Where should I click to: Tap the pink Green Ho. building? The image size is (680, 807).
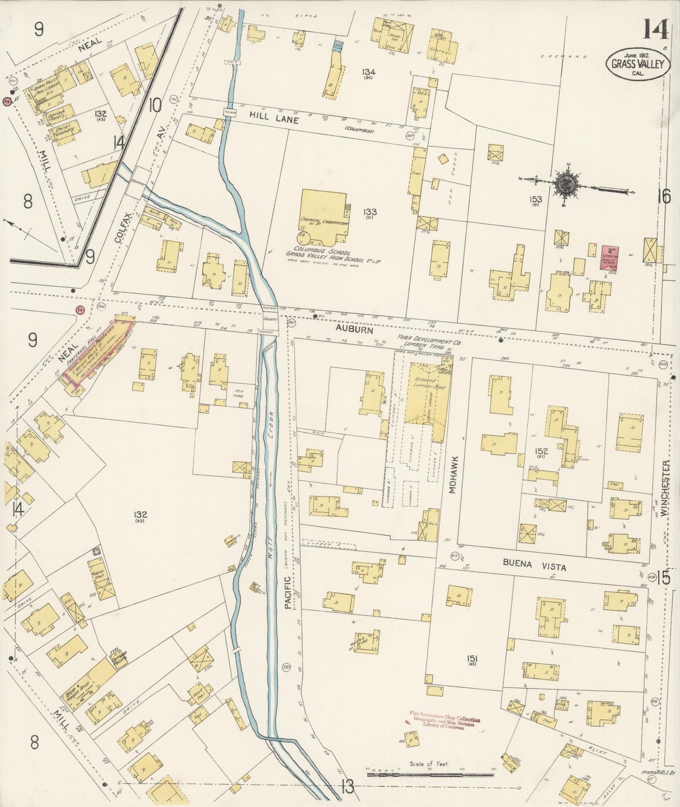(609, 257)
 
